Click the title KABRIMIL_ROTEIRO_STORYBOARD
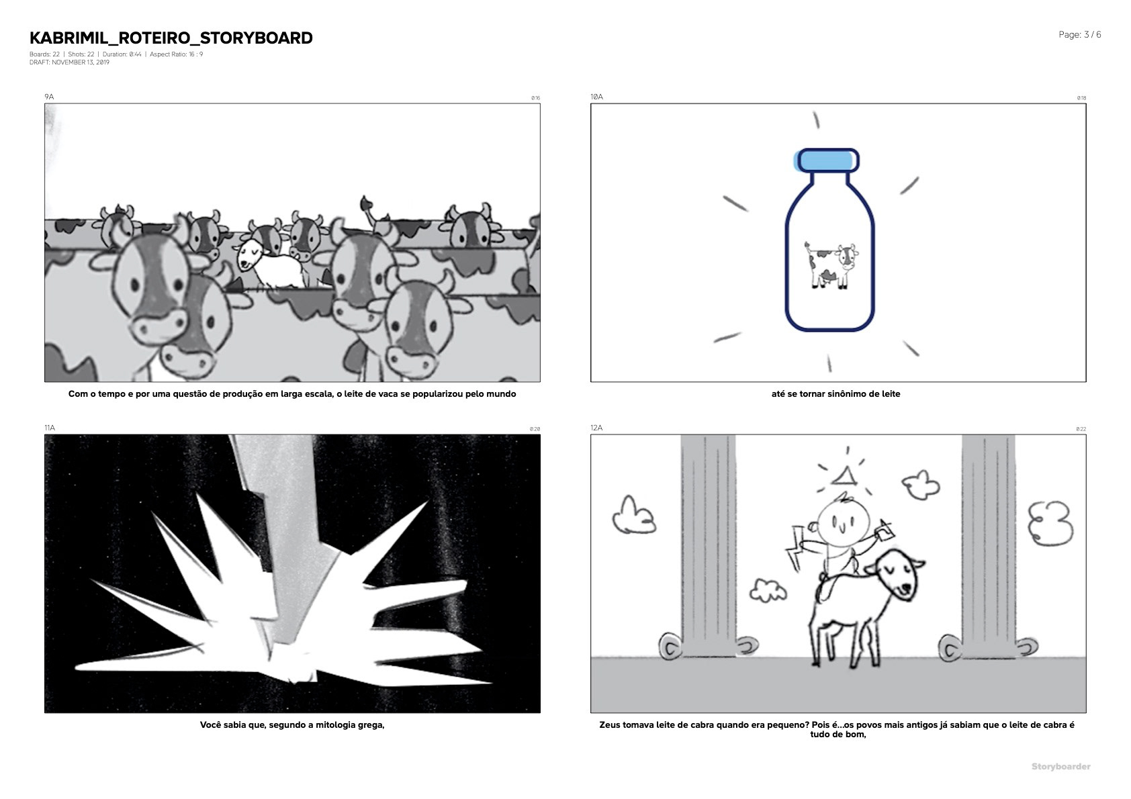pyautogui.click(x=171, y=38)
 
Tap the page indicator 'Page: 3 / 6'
pyautogui.click(x=1079, y=35)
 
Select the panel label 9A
pyautogui.click(x=49, y=97)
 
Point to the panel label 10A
pyautogui.click(x=597, y=97)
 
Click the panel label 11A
pyautogui.click(x=50, y=428)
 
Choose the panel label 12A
pyautogui.click(x=596, y=428)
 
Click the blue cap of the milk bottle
pyautogui.click(x=827, y=160)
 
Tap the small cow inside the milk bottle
pyautogui.click(x=831, y=265)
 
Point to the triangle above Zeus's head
pyautogui.click(x=844, y=477)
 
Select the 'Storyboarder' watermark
pyautogui.click(x=1061, y=767)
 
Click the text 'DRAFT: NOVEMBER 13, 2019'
pyautogui.click(x=69, y=62)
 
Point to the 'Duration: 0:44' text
pyautogui.click(x=122, y=54)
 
